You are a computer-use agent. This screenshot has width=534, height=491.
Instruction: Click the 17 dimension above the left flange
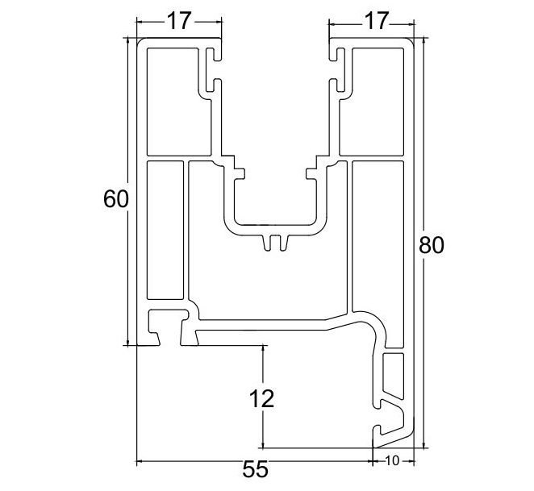pyautogui.click(x=178, y=21)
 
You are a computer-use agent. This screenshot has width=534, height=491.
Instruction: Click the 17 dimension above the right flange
pyautogui.click(x=370, y=21)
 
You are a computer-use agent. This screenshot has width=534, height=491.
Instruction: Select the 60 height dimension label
pyautogui.click(x=116, y=198)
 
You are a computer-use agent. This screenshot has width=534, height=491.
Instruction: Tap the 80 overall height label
pyautogui.click(x=432, y=244)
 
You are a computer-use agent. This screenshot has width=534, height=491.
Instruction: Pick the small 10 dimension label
pyautogui.click(x=392, y=461)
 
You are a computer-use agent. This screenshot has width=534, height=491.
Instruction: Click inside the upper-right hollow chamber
pyautogui.click(x=373, y=101)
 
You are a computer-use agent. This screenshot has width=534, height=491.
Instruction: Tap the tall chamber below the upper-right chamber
pyautogui.click(x=377, y=234)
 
